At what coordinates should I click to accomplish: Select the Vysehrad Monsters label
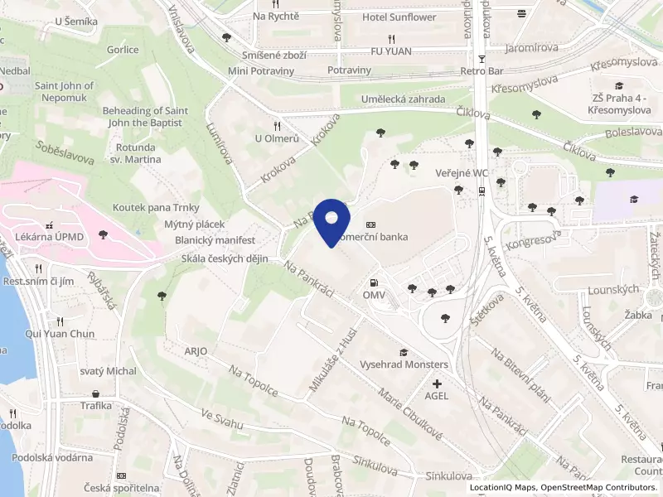[x=404, y=364]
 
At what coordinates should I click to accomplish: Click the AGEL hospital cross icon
[x=438, y=383]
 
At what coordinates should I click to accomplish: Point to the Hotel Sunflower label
[x=399, y=17]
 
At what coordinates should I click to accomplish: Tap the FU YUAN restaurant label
[x=391, y=51]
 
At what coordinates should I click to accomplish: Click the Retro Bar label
[x=482, y=71]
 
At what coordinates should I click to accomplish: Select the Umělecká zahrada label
[x=404, y=99]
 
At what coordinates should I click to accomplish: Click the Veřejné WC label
[x=458, y=173]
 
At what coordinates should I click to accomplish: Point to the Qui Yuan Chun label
[x=60, y=334]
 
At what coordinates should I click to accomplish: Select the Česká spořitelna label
[x=126, y=488]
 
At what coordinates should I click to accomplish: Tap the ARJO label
[x=196, y=351]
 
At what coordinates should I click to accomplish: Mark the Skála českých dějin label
[x=225, y=259]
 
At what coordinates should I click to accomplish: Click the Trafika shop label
[x=96, y=406]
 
